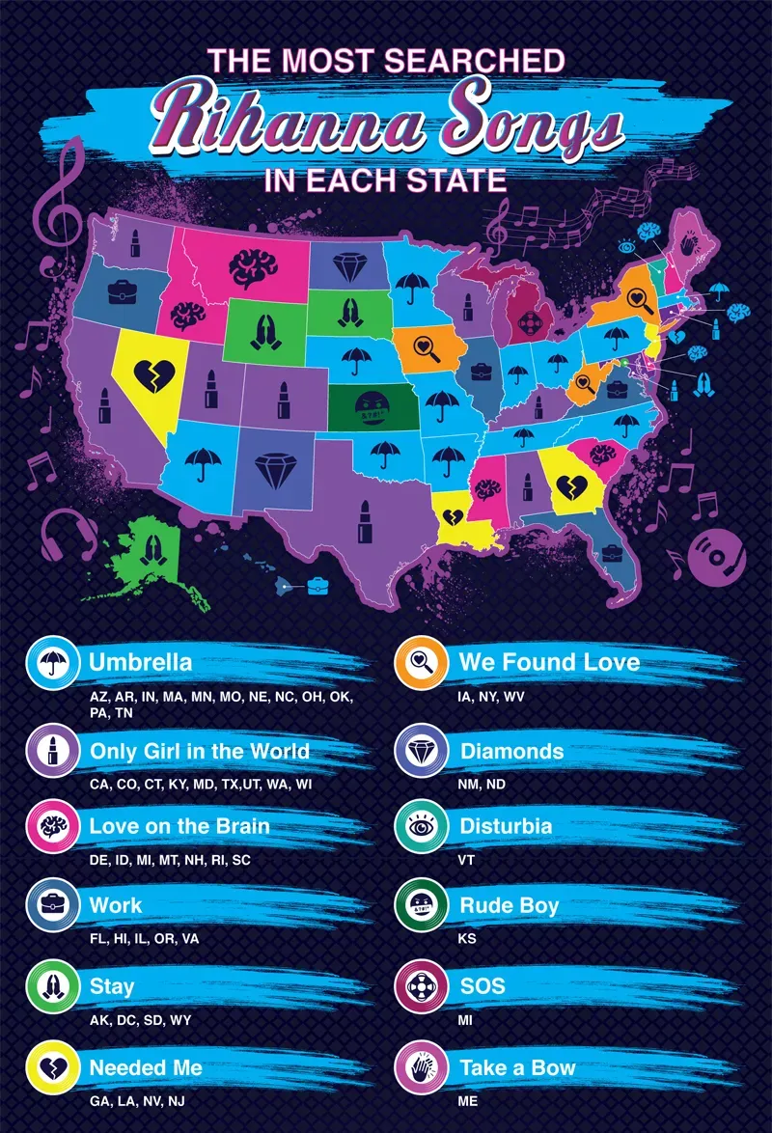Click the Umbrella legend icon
coord(47,663)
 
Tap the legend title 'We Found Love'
coord(549,662)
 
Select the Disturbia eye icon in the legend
coord(418,827)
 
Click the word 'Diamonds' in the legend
coord(511,751)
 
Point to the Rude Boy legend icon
coord(418,907)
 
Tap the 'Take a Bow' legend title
coord(517,1068)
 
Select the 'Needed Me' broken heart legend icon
coord(47,1068)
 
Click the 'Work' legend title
coord(116,906)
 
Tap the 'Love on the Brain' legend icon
coord(47,827)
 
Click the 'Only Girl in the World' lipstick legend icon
coord(47,751)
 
